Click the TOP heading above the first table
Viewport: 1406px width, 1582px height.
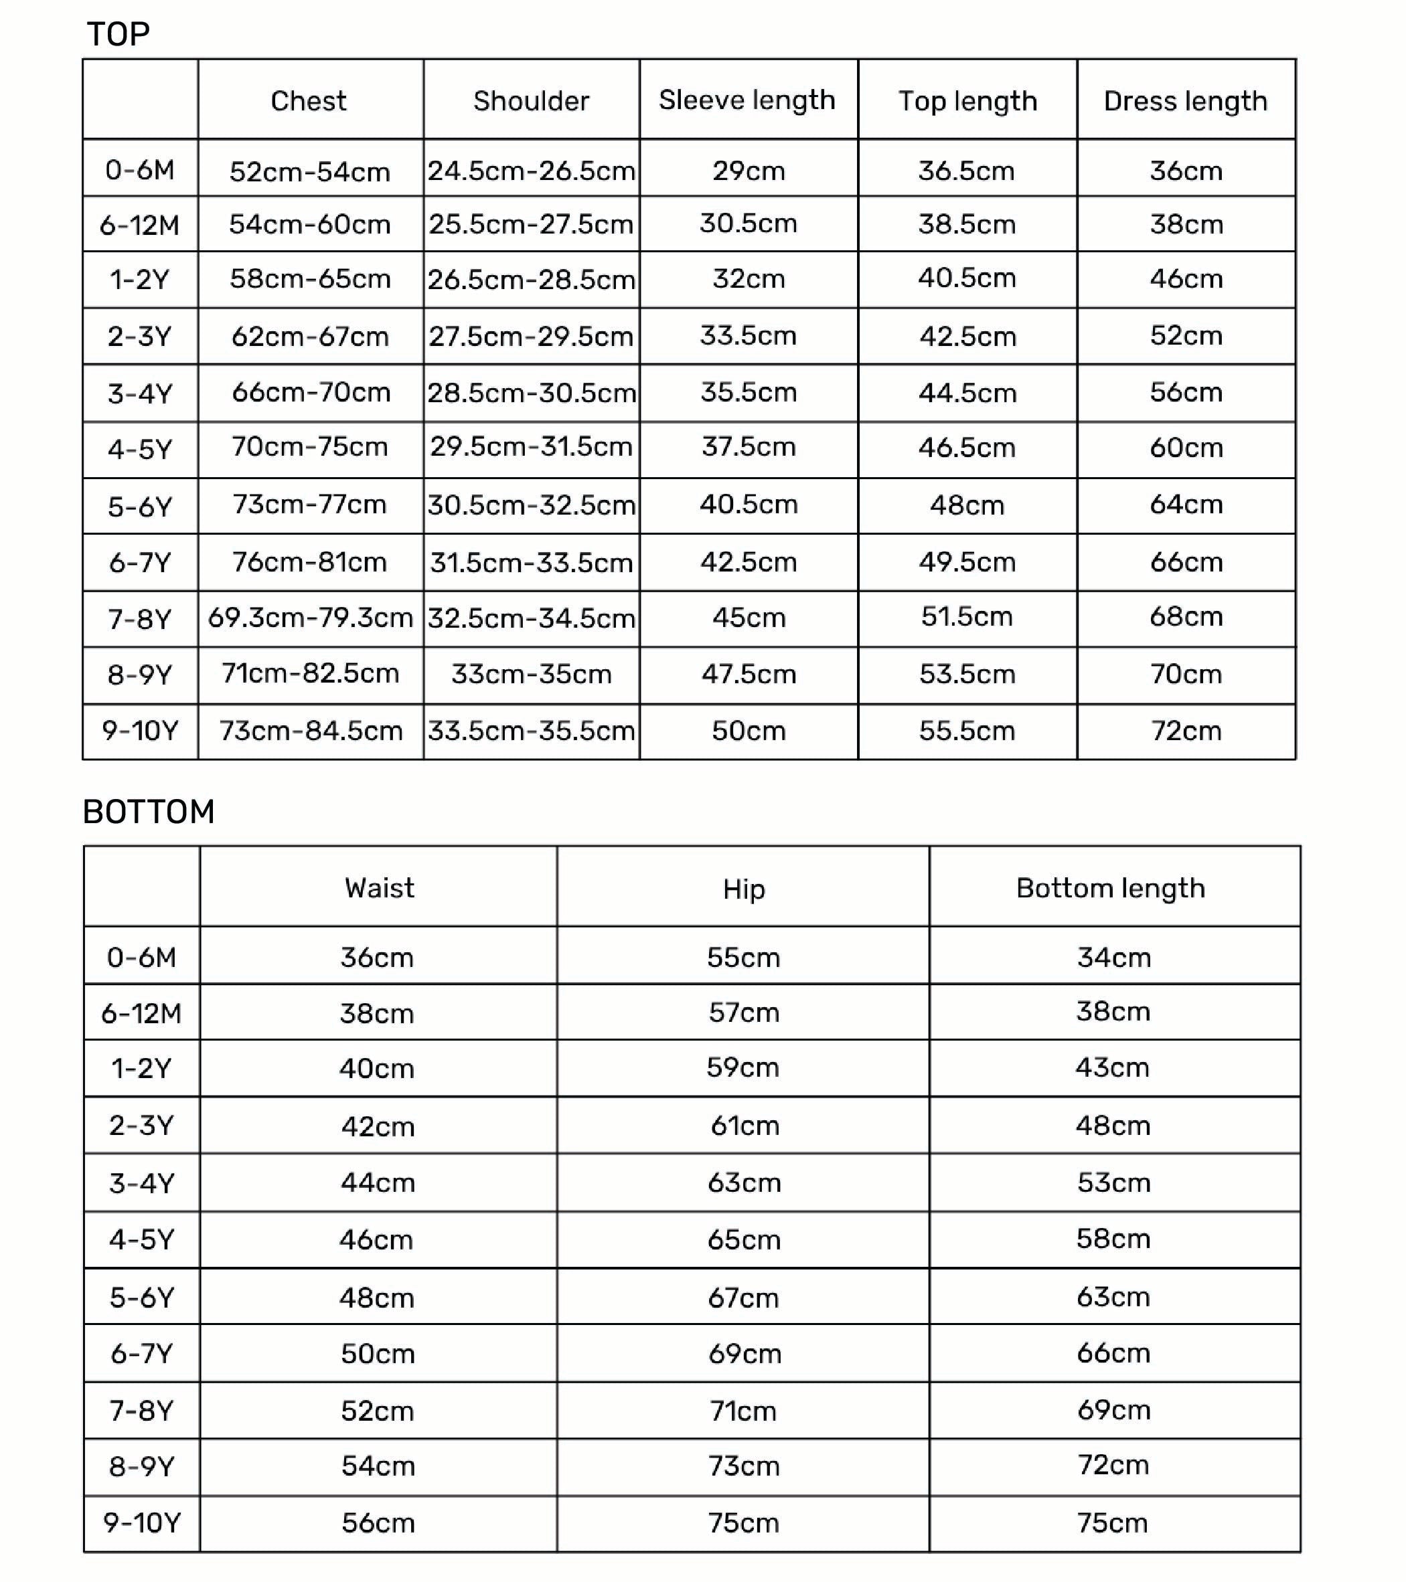point(119,34)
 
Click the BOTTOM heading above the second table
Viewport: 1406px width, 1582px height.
point(149,812)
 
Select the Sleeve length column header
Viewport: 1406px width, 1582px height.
point(747,100)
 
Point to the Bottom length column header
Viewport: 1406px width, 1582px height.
point(1110,888)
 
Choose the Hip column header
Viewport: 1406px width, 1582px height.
point(743,889)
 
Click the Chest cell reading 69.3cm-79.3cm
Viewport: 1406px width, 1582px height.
point(311,618)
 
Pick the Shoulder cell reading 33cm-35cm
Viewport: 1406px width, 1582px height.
point(531,674)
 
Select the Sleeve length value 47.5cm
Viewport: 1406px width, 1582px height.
point(749,674)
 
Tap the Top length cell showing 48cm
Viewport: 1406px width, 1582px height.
point(967,505)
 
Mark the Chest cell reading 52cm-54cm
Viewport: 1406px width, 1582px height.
point(310,171)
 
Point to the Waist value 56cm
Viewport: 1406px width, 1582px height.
point(378,1523)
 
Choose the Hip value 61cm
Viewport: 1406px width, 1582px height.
point(744,1126)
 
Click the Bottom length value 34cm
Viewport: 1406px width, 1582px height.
point(1113,958)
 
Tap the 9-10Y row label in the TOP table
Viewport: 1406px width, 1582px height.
point(140,730)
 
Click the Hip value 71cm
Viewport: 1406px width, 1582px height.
point(743,1411)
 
